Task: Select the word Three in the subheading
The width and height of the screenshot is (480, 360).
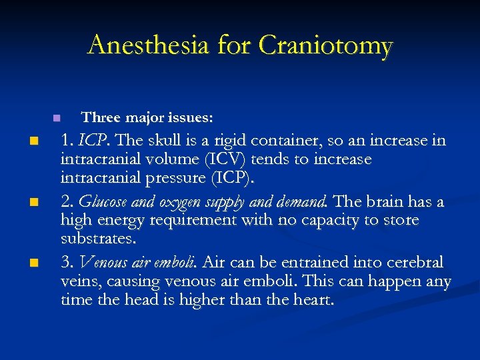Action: (99, 118)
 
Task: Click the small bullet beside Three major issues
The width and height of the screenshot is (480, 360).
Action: (57, 118)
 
